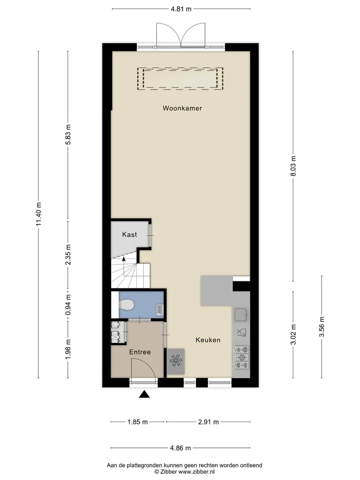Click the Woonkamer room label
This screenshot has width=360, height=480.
point(182,108)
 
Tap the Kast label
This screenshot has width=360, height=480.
point(129,234)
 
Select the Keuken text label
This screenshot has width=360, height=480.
point(208,340)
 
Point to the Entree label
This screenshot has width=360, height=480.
point(140,352)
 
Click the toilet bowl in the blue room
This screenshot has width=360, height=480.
point(126,305)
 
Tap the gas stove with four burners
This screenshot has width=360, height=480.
point(241,357)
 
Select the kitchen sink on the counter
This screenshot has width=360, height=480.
point(241,314)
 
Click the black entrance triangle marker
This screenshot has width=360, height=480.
point(144,394)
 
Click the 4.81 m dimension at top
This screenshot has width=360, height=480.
point(181,9)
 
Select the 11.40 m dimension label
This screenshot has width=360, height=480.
point(38,214)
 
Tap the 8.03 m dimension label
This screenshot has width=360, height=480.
point(293,166)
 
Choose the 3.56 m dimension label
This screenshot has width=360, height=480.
point(321,326)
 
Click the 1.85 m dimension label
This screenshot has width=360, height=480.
point(137,422)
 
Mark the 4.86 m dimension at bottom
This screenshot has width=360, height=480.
point(180,448)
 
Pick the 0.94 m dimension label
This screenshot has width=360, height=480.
point(68,305)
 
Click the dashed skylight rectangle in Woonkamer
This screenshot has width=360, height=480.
point(180,78)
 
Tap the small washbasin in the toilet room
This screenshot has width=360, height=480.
point(160,309)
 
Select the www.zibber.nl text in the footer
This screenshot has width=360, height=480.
point(196,471)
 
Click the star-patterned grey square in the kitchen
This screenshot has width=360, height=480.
point(175,361)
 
